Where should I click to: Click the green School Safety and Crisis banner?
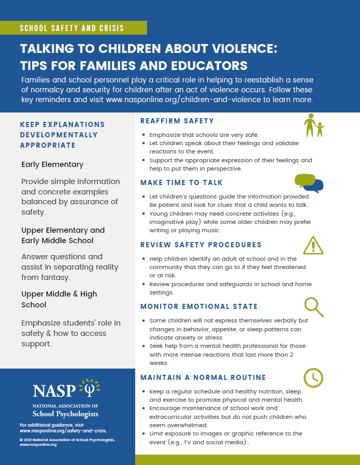point(73,28)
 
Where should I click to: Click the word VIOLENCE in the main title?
point(241,49)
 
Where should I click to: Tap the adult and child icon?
point(313,126)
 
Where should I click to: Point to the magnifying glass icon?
point(313,307)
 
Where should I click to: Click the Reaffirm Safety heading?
point(177,121)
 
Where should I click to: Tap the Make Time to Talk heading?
point(181,182)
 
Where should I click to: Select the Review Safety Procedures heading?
point(201,245)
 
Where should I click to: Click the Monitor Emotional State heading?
point(199,306)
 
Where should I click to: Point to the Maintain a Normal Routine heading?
point(203,377)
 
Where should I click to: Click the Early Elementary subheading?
point(52,164)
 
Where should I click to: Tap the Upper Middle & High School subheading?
point(59,299)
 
